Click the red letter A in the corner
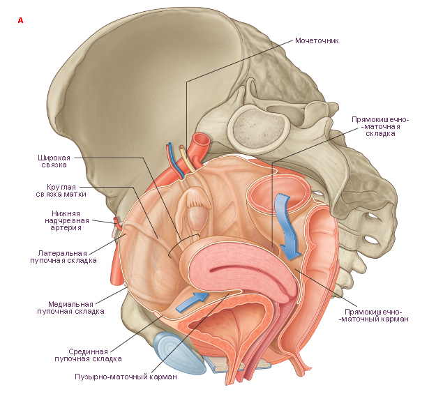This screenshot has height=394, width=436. click(20, 20)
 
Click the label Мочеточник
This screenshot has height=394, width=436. click(317, 40)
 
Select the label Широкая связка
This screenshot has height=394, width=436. click(54, 161)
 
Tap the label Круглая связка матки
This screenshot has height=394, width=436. click(61, 190)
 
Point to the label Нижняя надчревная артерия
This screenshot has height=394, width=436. click(67, 220)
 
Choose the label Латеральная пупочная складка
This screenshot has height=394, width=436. click(63, 257)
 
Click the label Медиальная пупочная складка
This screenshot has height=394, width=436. click(70, 308)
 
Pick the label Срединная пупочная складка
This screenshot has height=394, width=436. click(88, 355)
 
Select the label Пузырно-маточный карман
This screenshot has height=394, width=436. click(126, 377)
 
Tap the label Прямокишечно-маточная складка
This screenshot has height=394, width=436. click(380, 126)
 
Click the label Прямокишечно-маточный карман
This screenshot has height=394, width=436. click(373, 315)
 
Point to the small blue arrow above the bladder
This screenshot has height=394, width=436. click(192, 302)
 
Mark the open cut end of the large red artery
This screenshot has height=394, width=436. click(202, 140)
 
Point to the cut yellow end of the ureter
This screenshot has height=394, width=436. click(181, 147)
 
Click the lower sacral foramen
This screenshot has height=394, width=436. click(373, 239)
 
